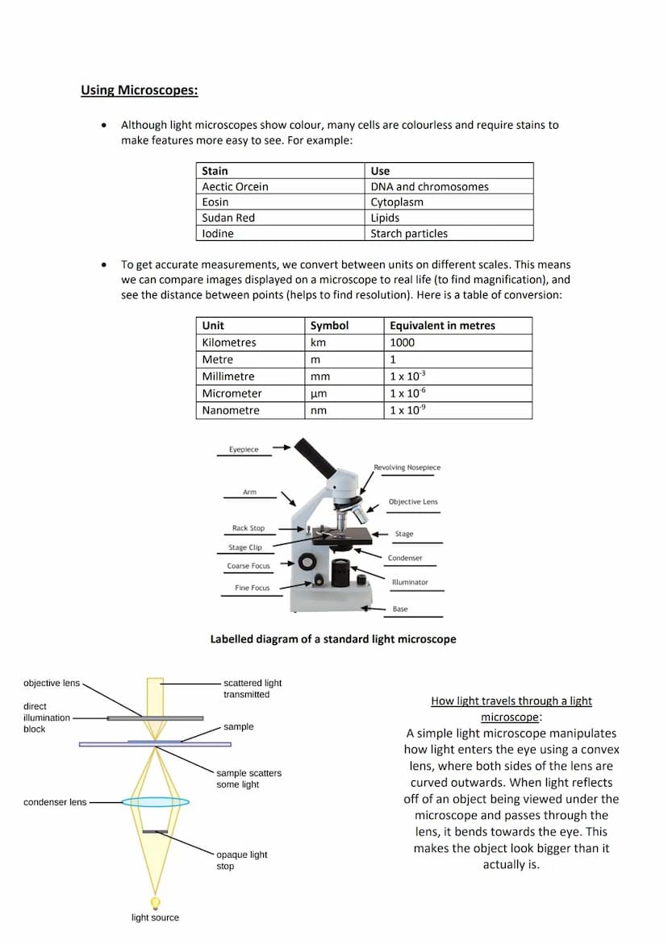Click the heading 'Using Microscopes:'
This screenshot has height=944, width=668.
pyautogui.click(x=139, y=90)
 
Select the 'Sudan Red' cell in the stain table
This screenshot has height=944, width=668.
pyautogui.click(x=228, y=218)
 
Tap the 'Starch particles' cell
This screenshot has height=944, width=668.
pyautogui.click(x=409, y=234)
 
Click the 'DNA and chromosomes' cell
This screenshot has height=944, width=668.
pyautogui.click(x=429, y=186)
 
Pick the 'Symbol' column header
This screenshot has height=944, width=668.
pyautogui.click(x=329, y=326)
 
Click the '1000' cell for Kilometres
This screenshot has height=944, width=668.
pyautogui.click(x=402, y=343)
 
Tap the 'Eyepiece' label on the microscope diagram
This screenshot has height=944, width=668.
pyautogui.click(x=244, y=450)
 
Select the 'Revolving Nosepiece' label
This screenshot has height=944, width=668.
pyautogui.click(x=407, y=468)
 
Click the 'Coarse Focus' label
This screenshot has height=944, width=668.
pyautogui.click(x=248, y=566)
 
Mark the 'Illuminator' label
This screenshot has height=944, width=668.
pyautogui.click(x=410, y=582)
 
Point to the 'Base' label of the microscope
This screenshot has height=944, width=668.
pyautogui.click(x=400, y=609)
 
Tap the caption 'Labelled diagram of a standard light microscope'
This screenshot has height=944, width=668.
pyautogui.click(x=332, y=639)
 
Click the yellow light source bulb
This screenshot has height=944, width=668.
pyautogui.click(x=155, y=901)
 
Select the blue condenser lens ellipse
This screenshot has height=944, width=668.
pyautogui.click(x=156, y=802)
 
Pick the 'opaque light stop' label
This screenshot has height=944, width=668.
pyautogui.click(x=241, y=860)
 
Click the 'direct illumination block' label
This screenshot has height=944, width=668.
pyautogui.click(x=46, y=717)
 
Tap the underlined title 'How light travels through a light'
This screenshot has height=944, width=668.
pyautogui.click(x=511, y=701)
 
